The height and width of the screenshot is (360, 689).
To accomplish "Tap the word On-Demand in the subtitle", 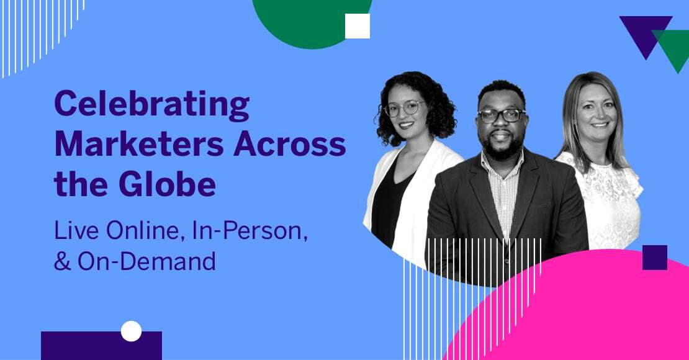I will click(x=146, y=261).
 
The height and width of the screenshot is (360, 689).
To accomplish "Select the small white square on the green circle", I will click(x=357, y=26).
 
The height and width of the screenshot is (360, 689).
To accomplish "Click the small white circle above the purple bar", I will click(x=131, y=331).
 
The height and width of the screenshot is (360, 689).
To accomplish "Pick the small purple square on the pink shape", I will click(x=654, y=258).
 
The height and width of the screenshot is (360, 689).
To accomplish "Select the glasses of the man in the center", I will click(x=502, y=115).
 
